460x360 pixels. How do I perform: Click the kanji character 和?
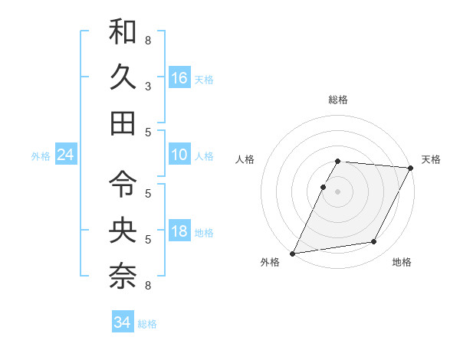click(x=123, y=32)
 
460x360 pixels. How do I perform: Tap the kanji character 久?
click(x=123, y=77)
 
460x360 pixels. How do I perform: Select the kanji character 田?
click(x=123, y=123)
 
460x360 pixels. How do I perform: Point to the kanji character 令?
click(x=123, y=182)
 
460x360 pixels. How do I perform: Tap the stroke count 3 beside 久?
click(x=147, y=87)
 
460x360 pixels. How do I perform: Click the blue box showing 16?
click(x=179, y=78)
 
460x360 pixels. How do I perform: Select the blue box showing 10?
click(x=179, y=155)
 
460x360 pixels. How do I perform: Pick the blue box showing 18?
click(x=179, y=232)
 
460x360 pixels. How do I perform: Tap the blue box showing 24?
click(x=65, y=155)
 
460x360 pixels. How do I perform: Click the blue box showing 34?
click(x=122, y=323)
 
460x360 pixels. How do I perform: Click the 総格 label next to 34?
click(x=147, y=324)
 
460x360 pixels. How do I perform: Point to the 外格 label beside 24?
click(x=41, y=156)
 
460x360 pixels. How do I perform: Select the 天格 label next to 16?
click(x=204, y=79)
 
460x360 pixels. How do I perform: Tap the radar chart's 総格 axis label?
click(x=337, y=100)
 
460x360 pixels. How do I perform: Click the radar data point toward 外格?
click(x=293, y=254)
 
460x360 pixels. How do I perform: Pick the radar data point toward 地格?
click(x=374, y=242)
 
